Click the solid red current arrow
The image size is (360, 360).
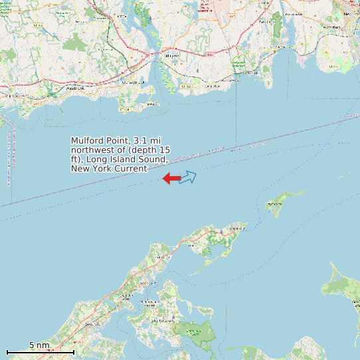tap(171, 178)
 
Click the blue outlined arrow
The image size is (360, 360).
tap(188, 177)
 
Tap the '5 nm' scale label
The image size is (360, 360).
tap(39, 345)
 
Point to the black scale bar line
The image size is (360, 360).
tap(40, 351)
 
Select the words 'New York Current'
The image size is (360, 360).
tap(109, 169)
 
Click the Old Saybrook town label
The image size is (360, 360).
tap(132, 82)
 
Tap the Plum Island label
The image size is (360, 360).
tap(274, 203)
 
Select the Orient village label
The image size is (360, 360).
tap(233, 228)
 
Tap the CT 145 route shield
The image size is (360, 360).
tap(38, 26)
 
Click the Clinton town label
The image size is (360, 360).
tap(10, 96)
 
